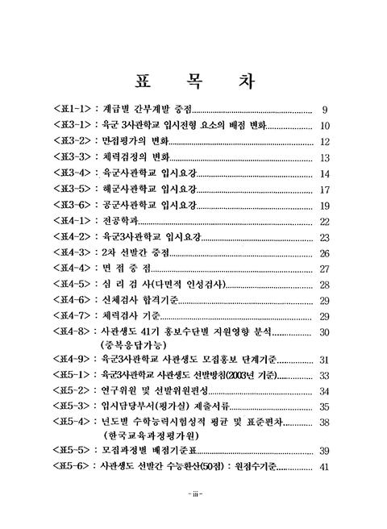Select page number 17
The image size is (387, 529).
coord(325,190)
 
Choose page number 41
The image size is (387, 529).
coord(326,467)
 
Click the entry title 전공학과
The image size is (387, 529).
coord(126,221)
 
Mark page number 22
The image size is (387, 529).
coord(326,221)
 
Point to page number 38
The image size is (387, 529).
coord(326,422)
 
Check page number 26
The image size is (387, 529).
coord(326,253)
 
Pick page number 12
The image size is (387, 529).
coord(326,142)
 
